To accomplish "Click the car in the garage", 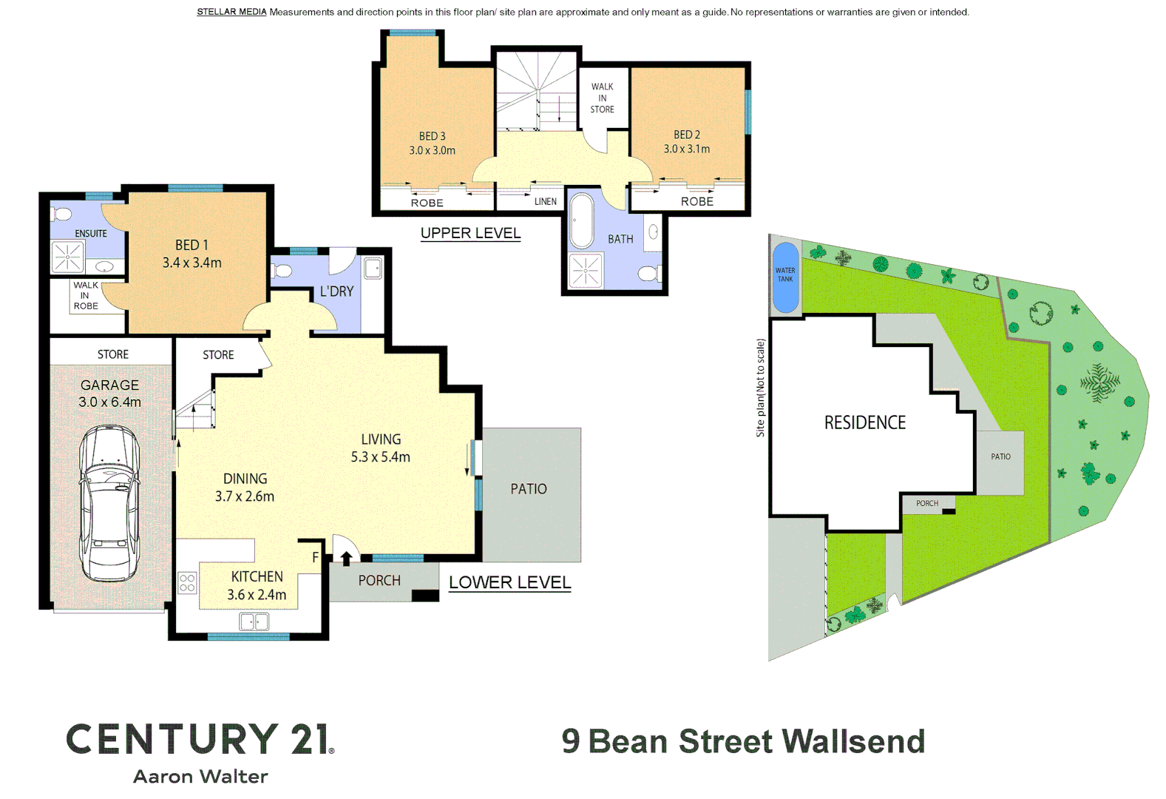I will point(109,503).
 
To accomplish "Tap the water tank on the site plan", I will point(785,277).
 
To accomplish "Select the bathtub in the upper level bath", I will point(583,220).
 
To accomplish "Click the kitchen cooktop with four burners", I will point(188,583).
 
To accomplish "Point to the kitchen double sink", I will point(254,622).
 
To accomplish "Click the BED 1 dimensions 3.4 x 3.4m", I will point(191,263).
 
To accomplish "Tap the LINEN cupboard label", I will point(546,201).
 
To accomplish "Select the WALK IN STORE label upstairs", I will point(602,98).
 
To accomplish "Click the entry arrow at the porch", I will point(346,559).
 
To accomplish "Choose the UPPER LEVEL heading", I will point(470,233).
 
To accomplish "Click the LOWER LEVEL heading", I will point(509,582).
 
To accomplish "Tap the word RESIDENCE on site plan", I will point(864,422).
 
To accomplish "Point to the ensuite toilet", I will point(63,215).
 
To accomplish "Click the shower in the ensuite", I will point(68,257).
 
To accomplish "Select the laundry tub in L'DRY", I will point(373,268).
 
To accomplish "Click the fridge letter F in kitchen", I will point(315,558).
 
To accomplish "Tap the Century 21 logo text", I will point(200,739).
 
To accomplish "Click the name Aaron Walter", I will point(200,776).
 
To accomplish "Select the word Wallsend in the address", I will point(853,741).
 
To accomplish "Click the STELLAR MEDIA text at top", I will point(231,12).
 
